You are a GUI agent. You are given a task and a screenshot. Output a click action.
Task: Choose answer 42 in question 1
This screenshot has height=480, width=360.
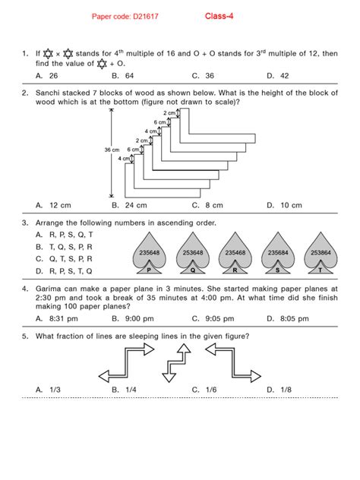279,76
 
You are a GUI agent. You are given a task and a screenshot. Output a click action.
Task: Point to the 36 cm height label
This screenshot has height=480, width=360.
112,150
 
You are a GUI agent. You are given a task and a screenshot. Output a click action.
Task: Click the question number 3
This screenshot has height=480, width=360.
25,223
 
